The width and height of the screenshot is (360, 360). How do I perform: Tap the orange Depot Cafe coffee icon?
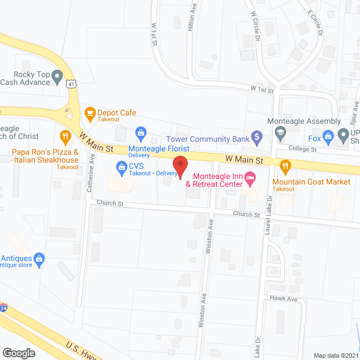point(89,113)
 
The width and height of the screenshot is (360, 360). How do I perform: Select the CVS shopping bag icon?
point(121,166)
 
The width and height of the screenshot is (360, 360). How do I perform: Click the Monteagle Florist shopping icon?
point(140,133)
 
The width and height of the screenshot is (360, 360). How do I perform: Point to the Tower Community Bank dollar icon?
point(256,136)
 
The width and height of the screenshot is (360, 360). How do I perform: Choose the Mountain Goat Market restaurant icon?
point(285,165)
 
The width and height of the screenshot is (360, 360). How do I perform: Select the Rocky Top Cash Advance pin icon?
point(57,75)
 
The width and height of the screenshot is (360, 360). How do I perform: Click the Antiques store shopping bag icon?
point(39,259)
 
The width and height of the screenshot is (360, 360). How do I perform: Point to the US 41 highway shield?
point(70,83)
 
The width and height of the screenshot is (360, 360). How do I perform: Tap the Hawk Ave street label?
point(283,299)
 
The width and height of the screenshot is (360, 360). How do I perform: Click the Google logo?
point(18,353)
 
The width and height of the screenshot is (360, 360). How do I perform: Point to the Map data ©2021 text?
point(336,355)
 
